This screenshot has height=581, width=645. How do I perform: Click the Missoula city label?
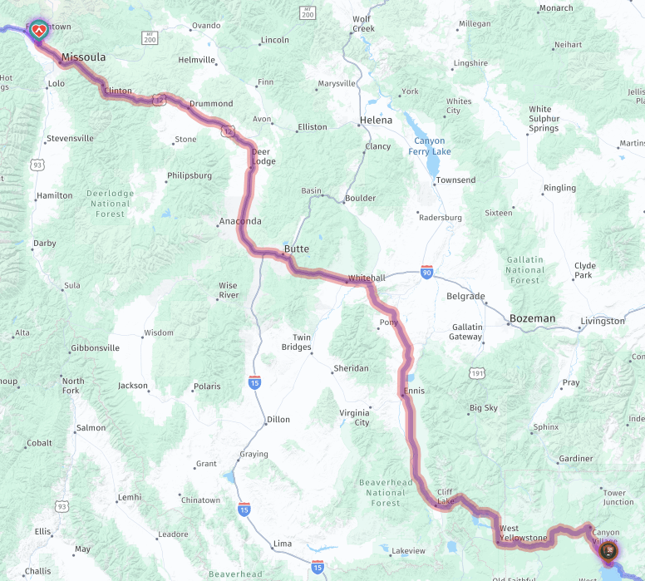pyautogui.click(x=83, y=57)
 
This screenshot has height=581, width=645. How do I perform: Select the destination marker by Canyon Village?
pyautogui.click(x=608, y=550)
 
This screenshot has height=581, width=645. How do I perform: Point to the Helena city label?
pyautogui.click(x=376, y=121)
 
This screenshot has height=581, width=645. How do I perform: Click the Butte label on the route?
pyautogui.click(x=297, y=249)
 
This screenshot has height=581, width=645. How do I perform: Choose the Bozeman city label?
pyautogui.click(x=532, y=318)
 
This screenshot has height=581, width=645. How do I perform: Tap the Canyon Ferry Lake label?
pyautogui.click(x=429, y=146)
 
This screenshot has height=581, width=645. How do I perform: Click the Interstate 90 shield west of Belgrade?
pyautogui.click(x=426, y=272)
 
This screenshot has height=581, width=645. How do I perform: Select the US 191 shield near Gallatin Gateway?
pyautogui.click(x=476, y=374)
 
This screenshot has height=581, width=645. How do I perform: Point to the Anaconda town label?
pyautogui.click(x=239, y=221)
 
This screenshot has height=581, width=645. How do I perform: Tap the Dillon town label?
pyautogui.click(x=278, y=420)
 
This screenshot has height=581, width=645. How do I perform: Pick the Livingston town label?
pyautogui.click(x=603, y=321)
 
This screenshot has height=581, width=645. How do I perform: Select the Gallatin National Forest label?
pyautogui.click(x=525, y=269)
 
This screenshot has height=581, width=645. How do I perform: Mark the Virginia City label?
pyautogui.click(x=355, y=417)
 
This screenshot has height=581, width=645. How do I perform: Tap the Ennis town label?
pyautogui.click(x=414, y=391)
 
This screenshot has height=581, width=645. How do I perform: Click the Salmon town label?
pyautogui.click(x=91, y=428)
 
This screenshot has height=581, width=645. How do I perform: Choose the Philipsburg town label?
pyautogui.click(x=190, y=175)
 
